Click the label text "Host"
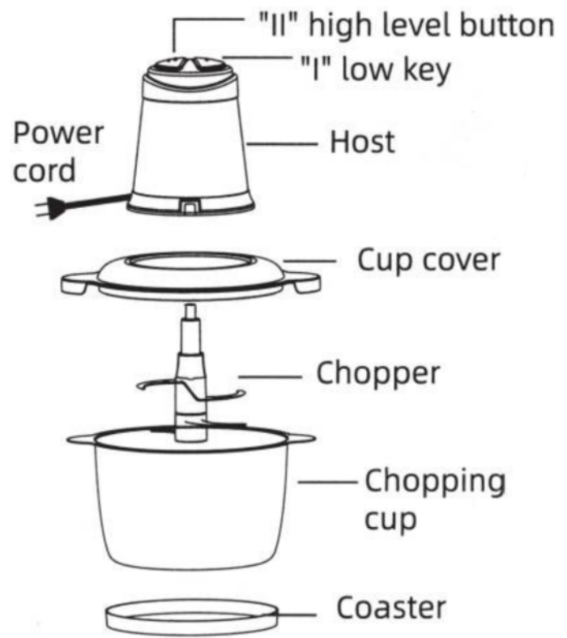[x=362, y=142]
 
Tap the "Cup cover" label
[x=429, y=261]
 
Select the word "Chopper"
[x=378, y=374]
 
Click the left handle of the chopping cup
[x=81, y=440]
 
